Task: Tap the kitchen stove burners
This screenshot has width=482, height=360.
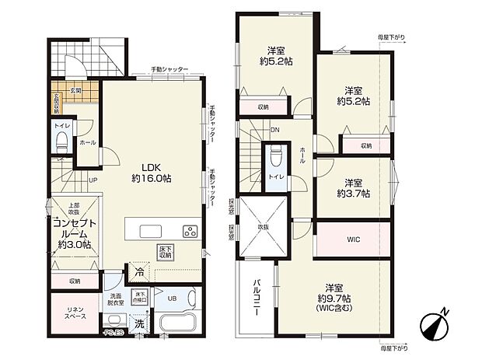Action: [x=190, y=231]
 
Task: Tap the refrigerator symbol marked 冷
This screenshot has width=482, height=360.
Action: [x=137, y=273]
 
